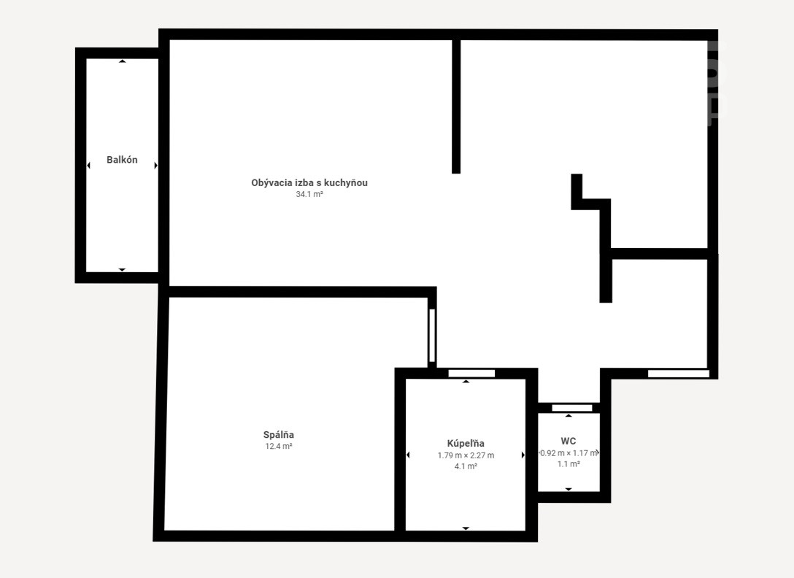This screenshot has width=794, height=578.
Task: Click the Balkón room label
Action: [122, 160]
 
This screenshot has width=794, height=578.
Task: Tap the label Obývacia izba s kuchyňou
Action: [309, 183]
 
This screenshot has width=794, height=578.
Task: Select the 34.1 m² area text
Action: [309, 194]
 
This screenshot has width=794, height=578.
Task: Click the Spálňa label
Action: [279, 435]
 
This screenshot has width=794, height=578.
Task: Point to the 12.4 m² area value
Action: [279, 447]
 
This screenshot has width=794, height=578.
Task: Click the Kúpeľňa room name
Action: [466, 443]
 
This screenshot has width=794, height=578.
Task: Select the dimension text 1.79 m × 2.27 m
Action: [466, 455]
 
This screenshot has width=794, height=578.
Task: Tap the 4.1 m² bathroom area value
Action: [466, 466]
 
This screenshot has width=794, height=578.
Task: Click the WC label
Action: [568, 442]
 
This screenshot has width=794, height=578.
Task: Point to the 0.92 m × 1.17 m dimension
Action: [568, 453]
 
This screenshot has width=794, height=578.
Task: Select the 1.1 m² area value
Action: [568, 464]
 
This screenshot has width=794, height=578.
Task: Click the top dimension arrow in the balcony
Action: [122, 61]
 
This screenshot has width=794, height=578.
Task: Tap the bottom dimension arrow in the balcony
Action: [122, 269]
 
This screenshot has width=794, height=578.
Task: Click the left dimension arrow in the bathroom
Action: [408, 455]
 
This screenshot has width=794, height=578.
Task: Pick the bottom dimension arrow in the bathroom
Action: [466, 528]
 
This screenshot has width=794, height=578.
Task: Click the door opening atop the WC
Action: [571, 408]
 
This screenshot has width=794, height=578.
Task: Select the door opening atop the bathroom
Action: [471, 374]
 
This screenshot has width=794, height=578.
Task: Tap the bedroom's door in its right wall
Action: [432, 336]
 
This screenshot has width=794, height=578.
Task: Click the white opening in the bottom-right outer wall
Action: [679, 374]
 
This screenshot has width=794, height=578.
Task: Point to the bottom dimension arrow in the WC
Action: [568, 490]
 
